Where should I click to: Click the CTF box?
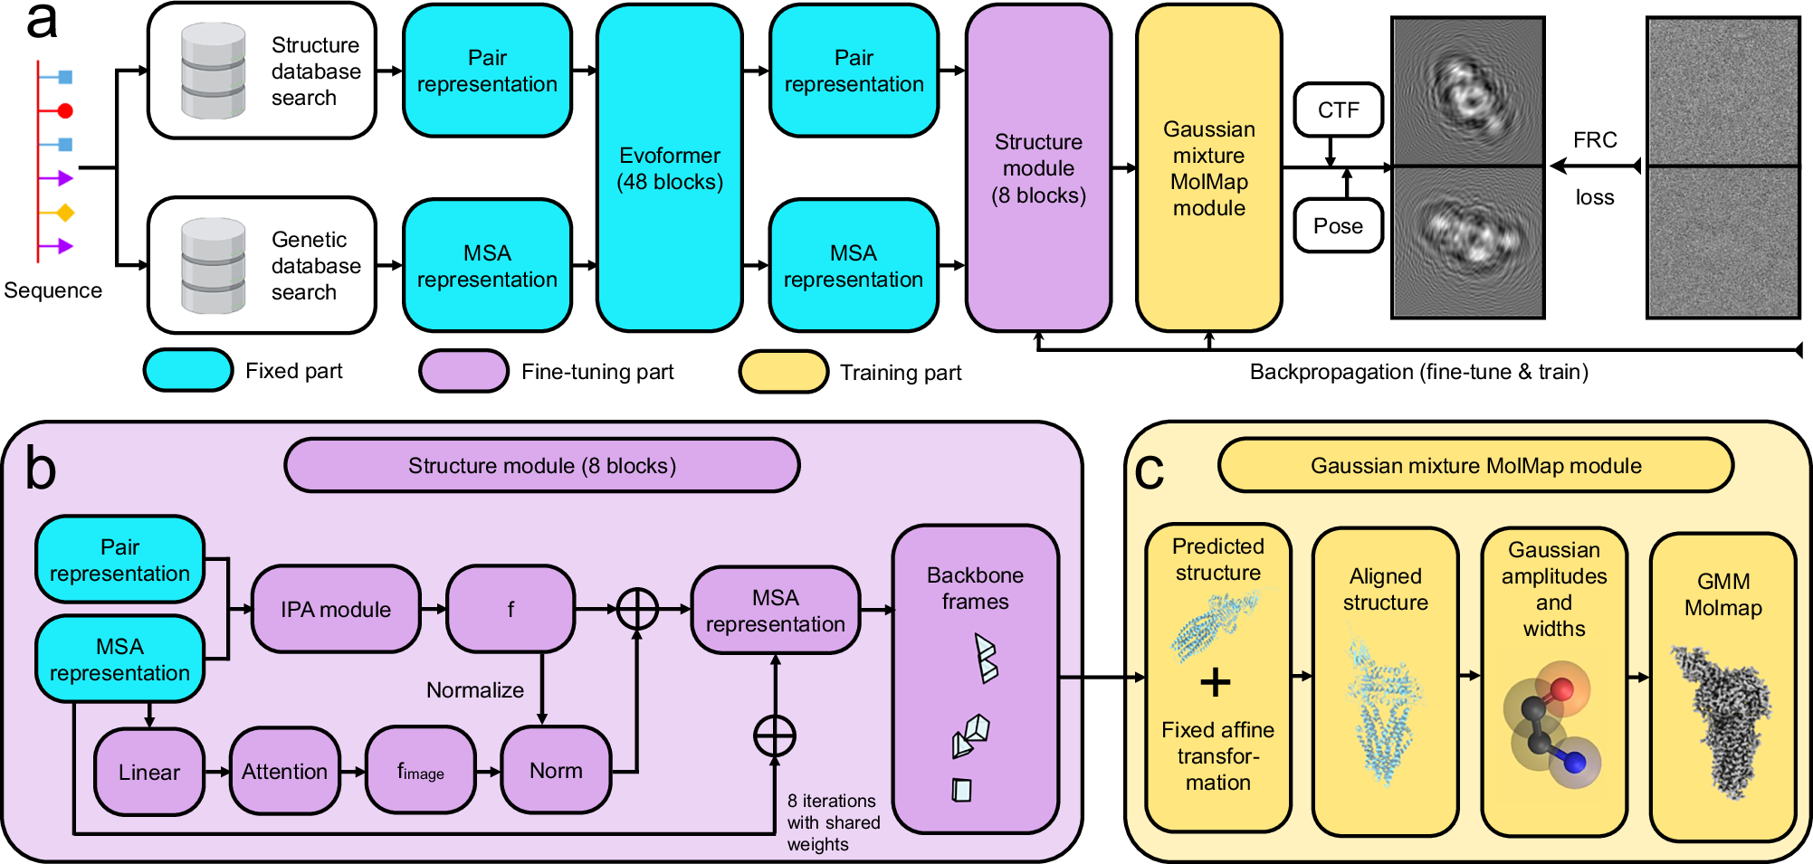click(x=1338, y=109)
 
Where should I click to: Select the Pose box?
click(x=1338, y=225)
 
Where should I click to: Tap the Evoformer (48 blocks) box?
click(x=670, y=168)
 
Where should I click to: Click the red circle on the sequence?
click(x=65, y=111)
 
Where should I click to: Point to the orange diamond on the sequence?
click(x=65, y=213)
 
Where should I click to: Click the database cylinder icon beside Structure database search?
click(x=214, y=71)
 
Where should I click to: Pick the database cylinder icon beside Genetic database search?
click(x=214, y=266)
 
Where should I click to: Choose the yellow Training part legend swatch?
click(x=783, y=372)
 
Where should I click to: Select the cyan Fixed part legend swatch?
click(x=188, y=371)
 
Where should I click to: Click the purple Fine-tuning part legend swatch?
click(x=463, y=372)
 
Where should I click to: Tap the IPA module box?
click(x=336, y=609)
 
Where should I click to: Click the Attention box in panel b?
click(x=284, y=772)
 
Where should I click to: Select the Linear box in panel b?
click(x=149, y=772)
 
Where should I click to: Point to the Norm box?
click(x=556, y=771)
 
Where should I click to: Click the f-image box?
click(x=420, y=772)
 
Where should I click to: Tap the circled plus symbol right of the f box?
click(x=637, y=609)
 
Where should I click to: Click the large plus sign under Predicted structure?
click(x=1216, y=682)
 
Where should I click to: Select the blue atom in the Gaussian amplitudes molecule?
click(x=1575, y=763)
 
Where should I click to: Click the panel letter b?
click(x=41, y=469)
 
